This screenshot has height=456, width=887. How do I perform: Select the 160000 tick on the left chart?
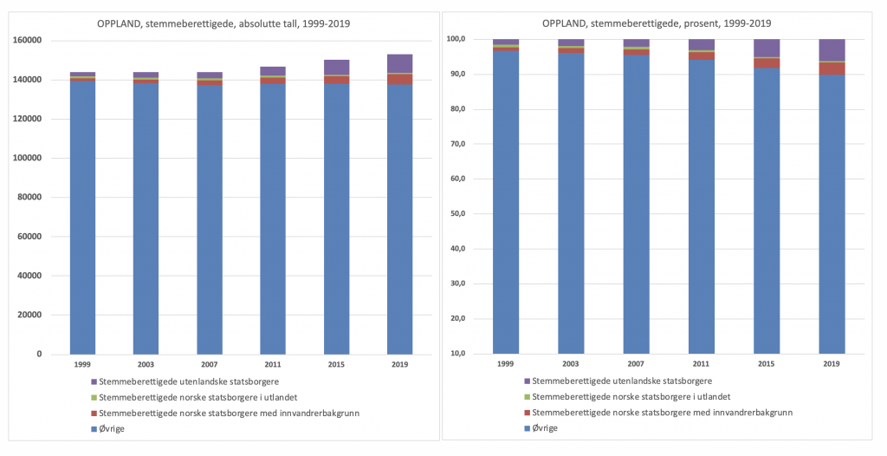(29, 41)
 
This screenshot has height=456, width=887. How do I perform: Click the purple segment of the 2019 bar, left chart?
(400, 63)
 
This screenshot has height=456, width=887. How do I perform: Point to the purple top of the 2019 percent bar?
(832, 50)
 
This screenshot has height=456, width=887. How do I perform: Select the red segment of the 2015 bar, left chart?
(336, 80)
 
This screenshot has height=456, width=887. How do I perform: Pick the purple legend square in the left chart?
(94, 381)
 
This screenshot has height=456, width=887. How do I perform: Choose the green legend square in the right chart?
(527, 397)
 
